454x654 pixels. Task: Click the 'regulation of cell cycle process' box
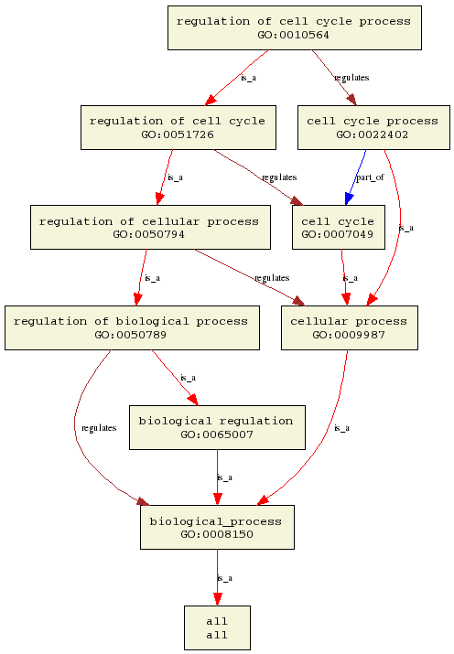coord(295,28)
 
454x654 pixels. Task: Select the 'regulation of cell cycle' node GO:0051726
coord(178,128)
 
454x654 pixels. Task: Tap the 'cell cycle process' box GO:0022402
coord(373,128)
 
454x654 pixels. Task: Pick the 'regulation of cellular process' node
coord(150,228)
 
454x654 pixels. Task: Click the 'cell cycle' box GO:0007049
coord(339,228)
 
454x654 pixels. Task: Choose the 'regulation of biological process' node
coord(132,327)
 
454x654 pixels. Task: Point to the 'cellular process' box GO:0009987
coord(350,327)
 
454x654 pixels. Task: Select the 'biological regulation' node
coord(217,427)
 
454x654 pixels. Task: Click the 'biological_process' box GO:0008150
coord(217,527)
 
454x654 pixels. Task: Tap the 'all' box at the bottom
coord(217,627)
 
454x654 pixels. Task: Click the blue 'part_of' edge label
coord(370,177)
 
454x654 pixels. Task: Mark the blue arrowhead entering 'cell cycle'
coord(349,198)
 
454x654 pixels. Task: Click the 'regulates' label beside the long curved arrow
coord(99,428)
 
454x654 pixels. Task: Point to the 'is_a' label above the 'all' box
coord(225,578)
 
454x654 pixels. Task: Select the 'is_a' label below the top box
coord(249,78)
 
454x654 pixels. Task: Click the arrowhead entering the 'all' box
coord(217,599)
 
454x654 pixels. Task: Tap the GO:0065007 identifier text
coord(217,434)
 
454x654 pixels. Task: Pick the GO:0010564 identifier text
coord(293,35)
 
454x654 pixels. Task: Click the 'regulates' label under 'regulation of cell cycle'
coord(279,177)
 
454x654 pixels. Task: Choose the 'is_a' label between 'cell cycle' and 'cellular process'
coord(350,278)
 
